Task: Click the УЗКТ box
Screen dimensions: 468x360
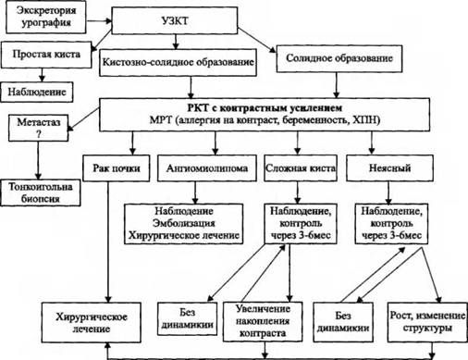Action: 174,20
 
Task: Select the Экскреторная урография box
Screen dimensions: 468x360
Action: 46,18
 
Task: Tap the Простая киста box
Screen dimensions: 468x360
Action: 46,55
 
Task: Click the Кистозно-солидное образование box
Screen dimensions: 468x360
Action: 178,62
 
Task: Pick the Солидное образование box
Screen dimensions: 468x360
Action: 339,58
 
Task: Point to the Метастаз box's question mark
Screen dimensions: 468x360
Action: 38,134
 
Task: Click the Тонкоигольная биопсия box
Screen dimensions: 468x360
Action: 41,192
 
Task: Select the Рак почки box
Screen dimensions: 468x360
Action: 117,168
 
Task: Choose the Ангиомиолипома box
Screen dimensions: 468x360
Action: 207,168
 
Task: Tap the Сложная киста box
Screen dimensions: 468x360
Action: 301,168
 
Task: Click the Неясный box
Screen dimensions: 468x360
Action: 389,168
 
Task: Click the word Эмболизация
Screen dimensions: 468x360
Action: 184,223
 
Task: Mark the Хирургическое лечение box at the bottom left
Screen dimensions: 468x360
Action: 92,322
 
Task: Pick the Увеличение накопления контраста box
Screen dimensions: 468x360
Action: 263,321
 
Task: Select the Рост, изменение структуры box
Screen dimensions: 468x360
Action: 427,322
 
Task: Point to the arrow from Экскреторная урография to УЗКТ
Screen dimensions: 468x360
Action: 99,21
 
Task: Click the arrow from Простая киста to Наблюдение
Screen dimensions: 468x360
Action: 42,75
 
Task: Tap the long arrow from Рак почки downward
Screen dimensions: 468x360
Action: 108,242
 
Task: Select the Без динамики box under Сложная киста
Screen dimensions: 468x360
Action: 187,318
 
